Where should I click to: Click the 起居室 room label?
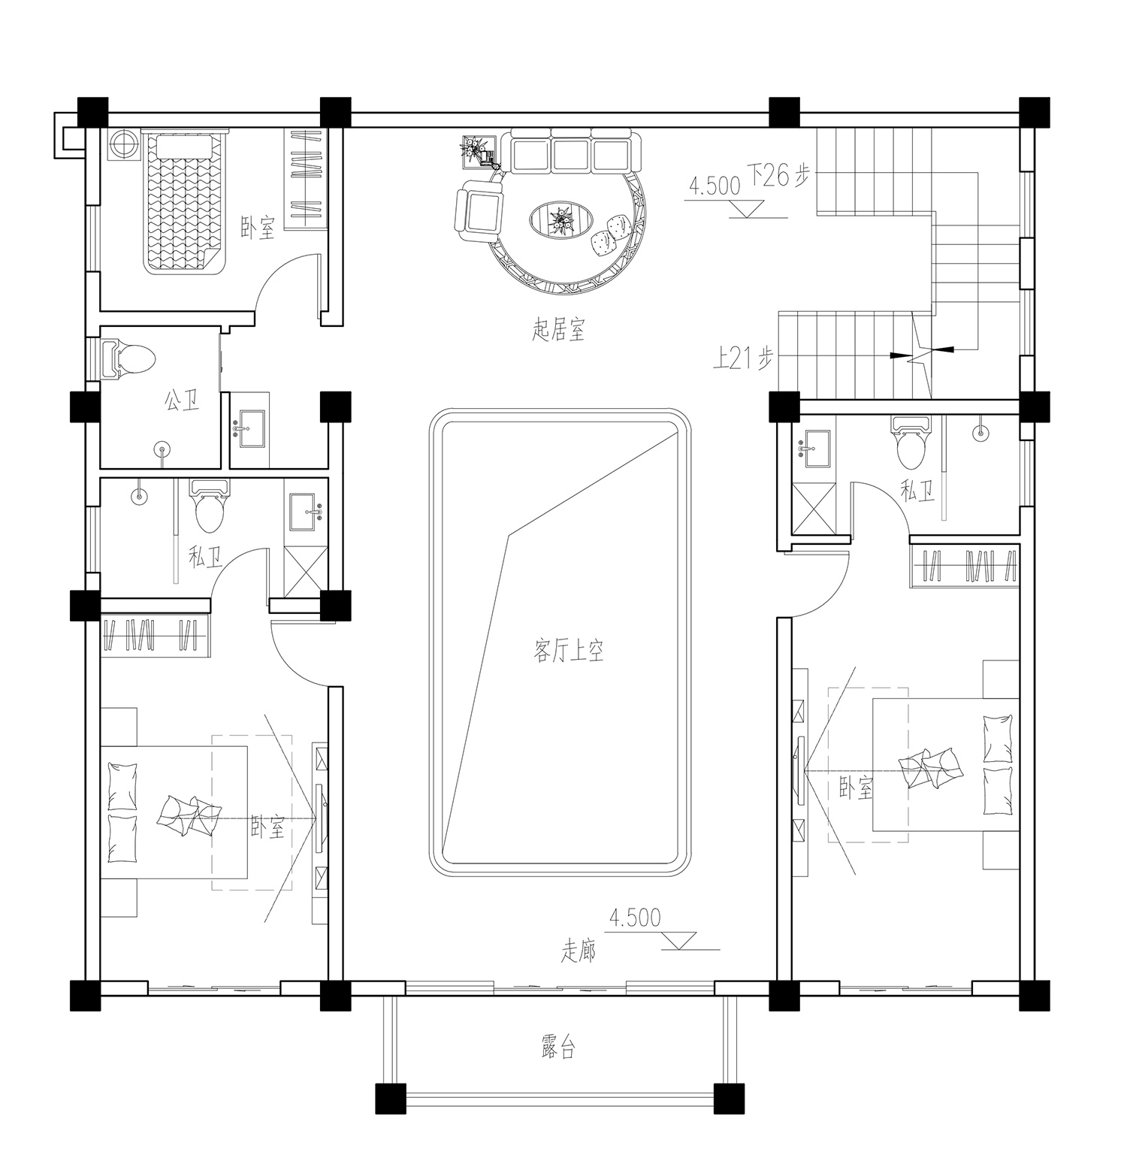pos(558,330)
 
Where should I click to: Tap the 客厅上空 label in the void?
pos(569,651)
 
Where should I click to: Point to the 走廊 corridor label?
pos(579,952)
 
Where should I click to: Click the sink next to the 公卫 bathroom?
pos(252,429)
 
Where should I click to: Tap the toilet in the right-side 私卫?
pos(911,443)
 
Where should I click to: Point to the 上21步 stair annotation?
pos(742,360)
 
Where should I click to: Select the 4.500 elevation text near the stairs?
pos(714,187)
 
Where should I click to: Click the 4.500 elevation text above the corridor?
pos(636,918)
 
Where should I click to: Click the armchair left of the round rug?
pos(479,211)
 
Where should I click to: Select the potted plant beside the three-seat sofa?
pos(476,150)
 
